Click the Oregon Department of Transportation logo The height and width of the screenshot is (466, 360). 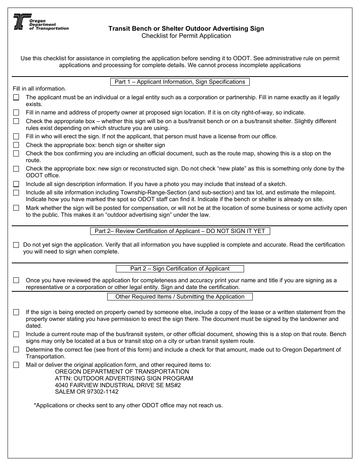(41, 22)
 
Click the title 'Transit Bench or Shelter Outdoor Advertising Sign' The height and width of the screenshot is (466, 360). (186, 28)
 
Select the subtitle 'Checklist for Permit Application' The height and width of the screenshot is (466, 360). (186, 36)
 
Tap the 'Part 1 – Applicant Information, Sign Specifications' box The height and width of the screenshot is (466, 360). (180, 82)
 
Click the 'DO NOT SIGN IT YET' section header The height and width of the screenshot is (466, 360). (180, 231)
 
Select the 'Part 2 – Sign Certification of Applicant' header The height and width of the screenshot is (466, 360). (180, 269)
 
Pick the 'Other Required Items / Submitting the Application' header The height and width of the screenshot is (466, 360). (180, 297)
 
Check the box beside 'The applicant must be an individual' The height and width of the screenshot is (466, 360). (16, 97)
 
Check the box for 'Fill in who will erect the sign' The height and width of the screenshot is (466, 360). (16, 136)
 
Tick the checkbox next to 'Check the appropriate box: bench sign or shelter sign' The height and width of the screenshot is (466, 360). (16, 145)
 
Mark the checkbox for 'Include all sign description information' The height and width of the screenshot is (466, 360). (16, 184)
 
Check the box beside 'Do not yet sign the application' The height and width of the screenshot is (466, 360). (16, 245)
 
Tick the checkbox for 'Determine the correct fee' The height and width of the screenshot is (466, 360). (16, 350)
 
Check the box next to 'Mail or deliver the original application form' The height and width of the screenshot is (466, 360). (16, 365)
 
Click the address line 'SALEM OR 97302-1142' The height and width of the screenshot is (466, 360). (87, 392)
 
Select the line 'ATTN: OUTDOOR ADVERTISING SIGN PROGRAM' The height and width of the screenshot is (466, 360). (124, 378)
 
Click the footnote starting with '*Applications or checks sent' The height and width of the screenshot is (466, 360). (128, 405)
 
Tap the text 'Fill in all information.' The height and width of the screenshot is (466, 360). (39, 89)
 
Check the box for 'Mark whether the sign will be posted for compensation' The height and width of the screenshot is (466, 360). (16, 208)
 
